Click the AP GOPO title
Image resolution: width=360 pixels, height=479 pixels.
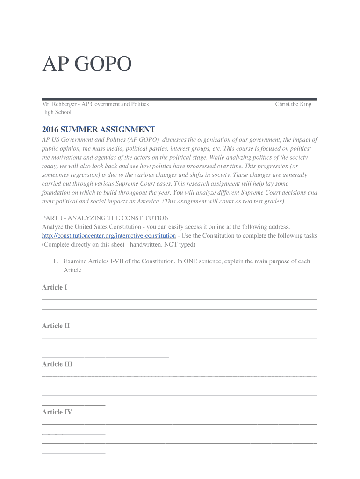tap(87, 65)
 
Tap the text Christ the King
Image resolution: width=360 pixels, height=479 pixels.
tap(293, 104)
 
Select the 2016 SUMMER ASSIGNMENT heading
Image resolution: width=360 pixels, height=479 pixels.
tap(98, 129)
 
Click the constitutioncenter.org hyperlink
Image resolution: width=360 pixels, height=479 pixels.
tap(109, 236)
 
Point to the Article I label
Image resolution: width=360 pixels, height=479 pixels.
tap(54, 287)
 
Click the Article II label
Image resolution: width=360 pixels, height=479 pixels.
tap(56, 326)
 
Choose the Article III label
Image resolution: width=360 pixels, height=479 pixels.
tap(57, 364)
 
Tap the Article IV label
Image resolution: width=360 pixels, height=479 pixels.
tap(57, 412)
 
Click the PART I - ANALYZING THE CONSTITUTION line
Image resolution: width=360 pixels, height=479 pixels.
tap(105, 218)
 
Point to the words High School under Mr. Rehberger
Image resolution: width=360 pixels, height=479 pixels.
tap(57, 112)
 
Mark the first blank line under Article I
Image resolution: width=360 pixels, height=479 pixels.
tap(180, 298)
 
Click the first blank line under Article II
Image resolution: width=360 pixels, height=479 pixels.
tap(180, 337)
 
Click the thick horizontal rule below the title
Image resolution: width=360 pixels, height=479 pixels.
tap(180, 99)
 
